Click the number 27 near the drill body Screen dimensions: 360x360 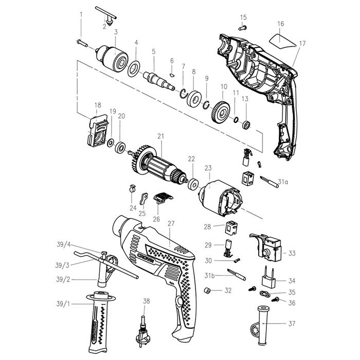point(171,224)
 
